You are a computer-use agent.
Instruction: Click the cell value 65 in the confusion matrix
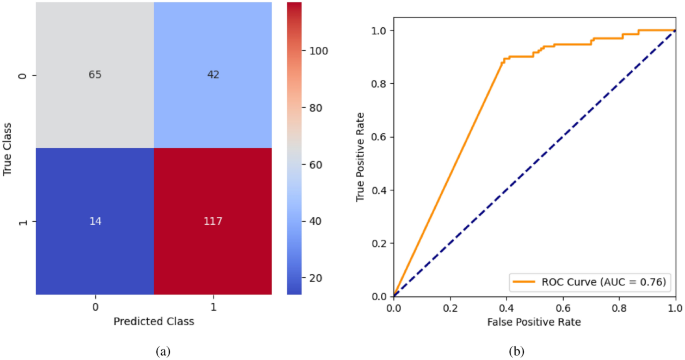coord(96,75)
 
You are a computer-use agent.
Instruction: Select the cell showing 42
coord(213,75)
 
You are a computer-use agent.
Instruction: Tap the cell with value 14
coord(96,221)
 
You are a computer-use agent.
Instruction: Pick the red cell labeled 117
coord(213,221)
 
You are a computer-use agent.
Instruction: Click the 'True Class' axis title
coord(9,148)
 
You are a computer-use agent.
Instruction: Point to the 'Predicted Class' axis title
coord(154,323)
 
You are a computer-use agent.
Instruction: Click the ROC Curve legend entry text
coord(606,281)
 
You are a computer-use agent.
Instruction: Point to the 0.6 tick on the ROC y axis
coord(378,137)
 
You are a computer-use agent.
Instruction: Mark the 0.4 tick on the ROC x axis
coord(506,307)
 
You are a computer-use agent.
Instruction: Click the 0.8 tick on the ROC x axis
coord(619,307)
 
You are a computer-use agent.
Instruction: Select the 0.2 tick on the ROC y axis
coord(378,243)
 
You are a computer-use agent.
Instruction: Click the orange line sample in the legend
coord(526,281)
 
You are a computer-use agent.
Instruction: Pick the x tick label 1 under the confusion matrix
coord(213,307)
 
